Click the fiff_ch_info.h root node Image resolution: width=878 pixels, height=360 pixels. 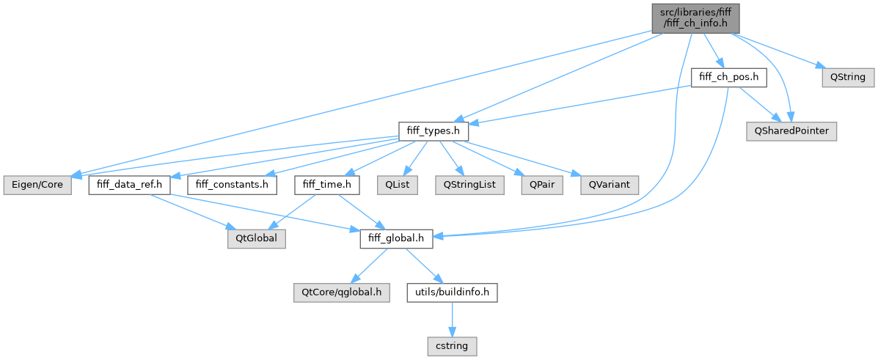coord(694,18)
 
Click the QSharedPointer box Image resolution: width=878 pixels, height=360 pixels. coord(790,131)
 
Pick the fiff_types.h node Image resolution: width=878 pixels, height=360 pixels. coord(433,131)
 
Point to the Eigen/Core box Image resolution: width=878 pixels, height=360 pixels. coord(36,185)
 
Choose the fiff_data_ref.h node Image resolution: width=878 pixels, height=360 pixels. coord(129,185)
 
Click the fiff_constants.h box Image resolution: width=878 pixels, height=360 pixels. coord(232,185)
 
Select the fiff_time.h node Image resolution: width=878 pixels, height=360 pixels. coord(327,185)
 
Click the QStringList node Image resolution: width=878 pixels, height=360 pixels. coord(468,185)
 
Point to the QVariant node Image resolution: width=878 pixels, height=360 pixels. coord(609,185)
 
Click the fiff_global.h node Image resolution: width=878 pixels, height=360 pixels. coord(396,238)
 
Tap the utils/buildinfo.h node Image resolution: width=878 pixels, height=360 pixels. coord(453,293)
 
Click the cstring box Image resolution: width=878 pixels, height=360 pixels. coord(453,343)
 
